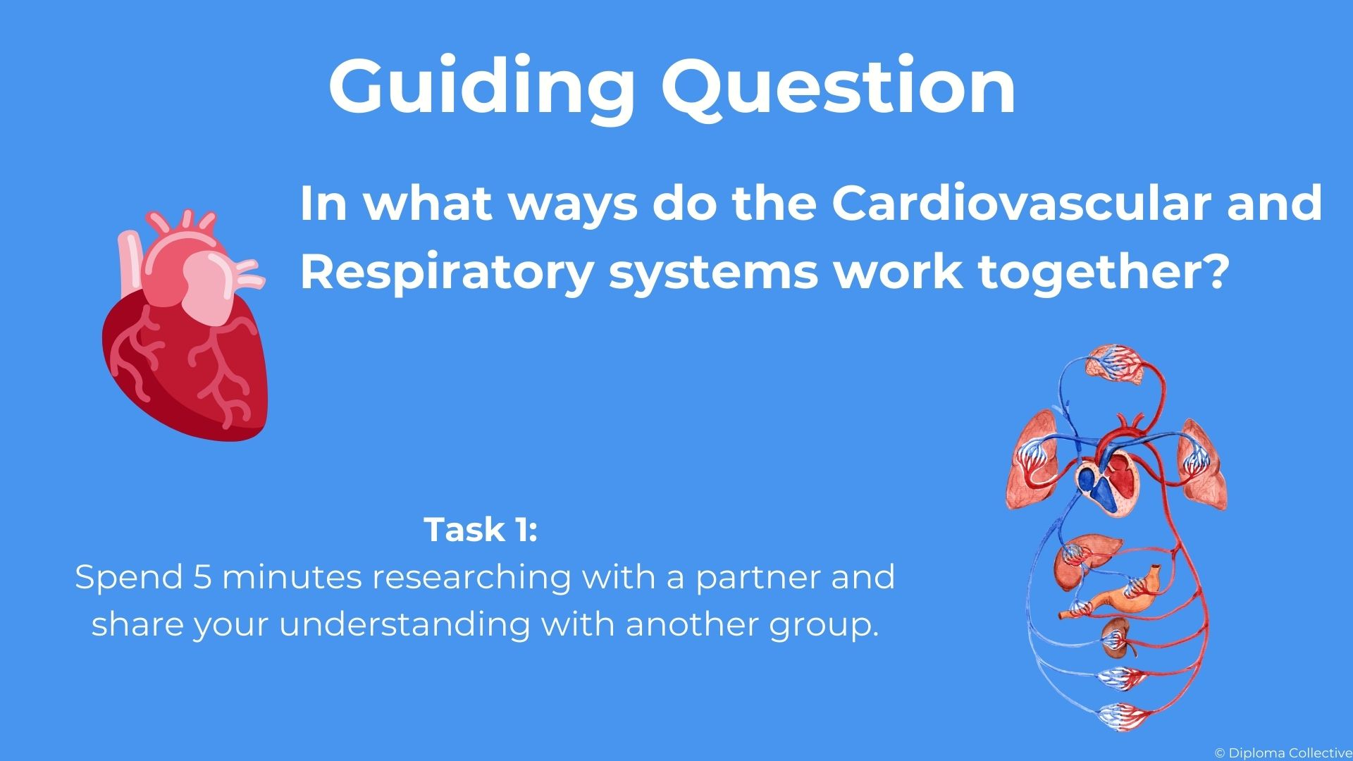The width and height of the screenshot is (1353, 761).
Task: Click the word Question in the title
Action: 839,85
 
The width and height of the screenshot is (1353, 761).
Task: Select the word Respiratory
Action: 446,273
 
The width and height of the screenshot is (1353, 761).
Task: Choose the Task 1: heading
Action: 481,530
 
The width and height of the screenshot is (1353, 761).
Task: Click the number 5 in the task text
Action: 202,577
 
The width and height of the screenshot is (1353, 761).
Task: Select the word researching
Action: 471,580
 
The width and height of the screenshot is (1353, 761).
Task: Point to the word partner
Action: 758,580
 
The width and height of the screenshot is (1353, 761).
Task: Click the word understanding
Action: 404,627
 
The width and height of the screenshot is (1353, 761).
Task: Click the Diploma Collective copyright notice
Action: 1283,753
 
